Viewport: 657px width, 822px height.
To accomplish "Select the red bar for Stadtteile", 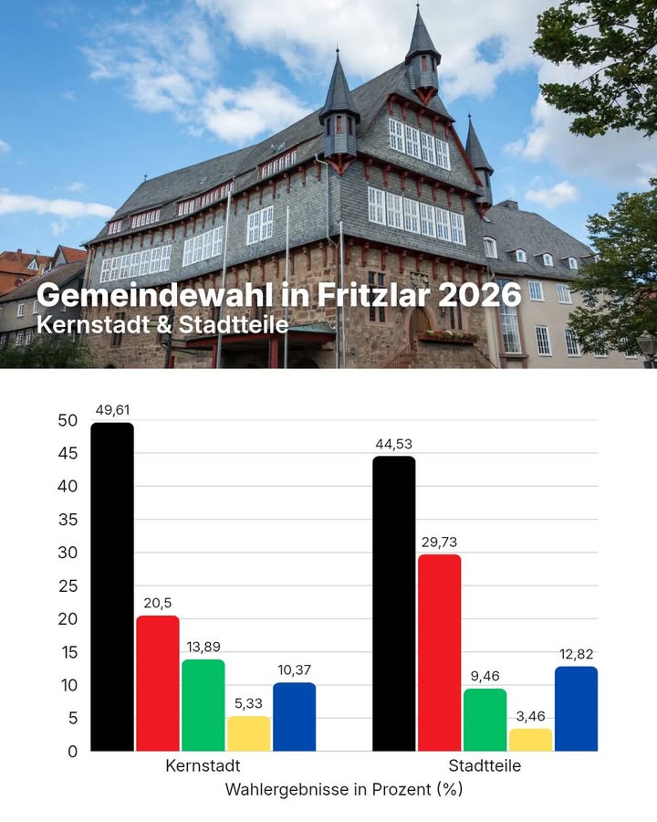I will pos(439,652).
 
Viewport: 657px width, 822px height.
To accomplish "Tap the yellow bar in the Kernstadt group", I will pos(249,733).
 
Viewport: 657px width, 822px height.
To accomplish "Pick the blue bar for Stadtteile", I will pos(576,709).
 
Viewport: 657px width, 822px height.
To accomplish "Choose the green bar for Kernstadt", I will pos(203,705).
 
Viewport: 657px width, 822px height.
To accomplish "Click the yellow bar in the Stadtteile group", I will pos(530,740).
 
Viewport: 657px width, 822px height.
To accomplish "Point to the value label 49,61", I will pos(112,410).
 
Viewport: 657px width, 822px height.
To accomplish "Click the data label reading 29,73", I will pos(439,543).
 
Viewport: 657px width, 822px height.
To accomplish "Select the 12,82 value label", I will pos(576,654).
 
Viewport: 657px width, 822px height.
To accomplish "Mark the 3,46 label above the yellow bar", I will pos(530,716).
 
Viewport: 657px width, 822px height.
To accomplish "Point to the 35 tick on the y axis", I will pos(68,520).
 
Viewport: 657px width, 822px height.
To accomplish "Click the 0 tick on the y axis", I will pos(72,752).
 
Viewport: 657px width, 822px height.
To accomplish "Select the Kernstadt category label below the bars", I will pos(203,766).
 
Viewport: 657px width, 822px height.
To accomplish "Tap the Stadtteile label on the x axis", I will pos(485,766).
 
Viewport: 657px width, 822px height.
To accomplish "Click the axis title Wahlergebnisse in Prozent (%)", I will pos(344,790).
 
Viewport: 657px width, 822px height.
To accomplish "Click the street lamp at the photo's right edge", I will pos(647,344).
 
